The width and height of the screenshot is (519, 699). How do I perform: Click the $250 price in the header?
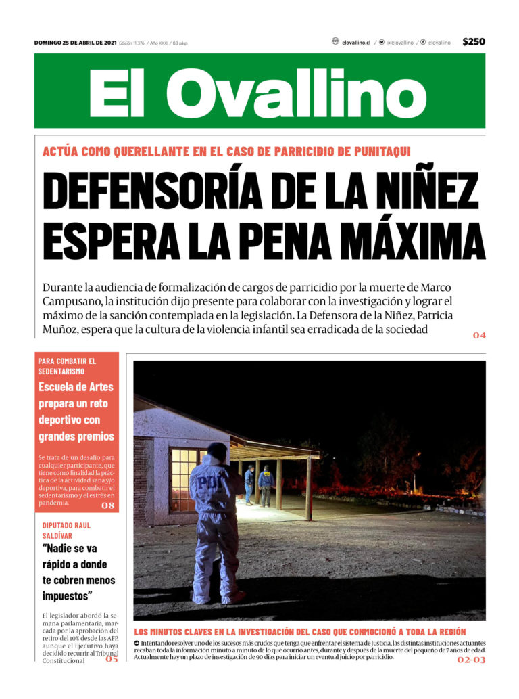(473, 42)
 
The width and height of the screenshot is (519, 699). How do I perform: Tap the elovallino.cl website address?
(356, 42)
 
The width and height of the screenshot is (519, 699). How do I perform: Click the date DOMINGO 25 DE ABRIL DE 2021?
(75, 43)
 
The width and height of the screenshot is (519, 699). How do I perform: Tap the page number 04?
(478, 335)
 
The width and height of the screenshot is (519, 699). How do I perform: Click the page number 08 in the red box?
(108, 505)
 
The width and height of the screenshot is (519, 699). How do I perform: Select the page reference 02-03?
(471, 659)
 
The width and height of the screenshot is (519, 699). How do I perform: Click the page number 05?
(111, 659)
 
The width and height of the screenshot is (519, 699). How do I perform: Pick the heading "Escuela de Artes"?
(76, 387)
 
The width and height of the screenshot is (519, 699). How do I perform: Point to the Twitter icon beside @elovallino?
(382, 42)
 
